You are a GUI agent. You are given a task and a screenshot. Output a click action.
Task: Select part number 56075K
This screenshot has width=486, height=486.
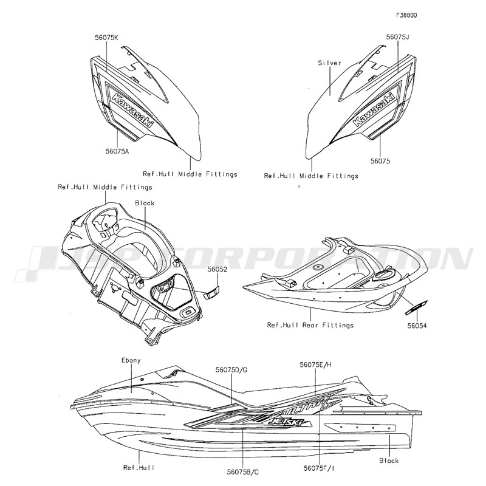(106, 37)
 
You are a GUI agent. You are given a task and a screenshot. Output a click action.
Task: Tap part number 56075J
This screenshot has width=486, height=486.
(398, 37)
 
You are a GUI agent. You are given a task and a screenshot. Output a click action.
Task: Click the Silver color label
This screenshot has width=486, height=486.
(329, 63)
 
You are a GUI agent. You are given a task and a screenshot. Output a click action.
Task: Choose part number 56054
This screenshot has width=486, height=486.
(417, 326)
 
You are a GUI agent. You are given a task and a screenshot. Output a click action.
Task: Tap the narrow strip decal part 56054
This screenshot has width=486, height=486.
(416, 307)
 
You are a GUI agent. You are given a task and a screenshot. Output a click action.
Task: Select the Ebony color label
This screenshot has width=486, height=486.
(131, 360)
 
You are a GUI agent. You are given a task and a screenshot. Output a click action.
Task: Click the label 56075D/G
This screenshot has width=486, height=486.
(231, 369)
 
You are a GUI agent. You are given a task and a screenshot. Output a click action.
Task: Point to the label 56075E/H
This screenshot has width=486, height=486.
(316, 364)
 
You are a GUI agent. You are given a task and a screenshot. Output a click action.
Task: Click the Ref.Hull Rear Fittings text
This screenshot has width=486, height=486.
(310, 326)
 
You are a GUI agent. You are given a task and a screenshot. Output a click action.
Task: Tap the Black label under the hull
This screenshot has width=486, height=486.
(389, 460)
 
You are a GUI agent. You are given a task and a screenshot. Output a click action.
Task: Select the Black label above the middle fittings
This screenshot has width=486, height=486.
(145, 203)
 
